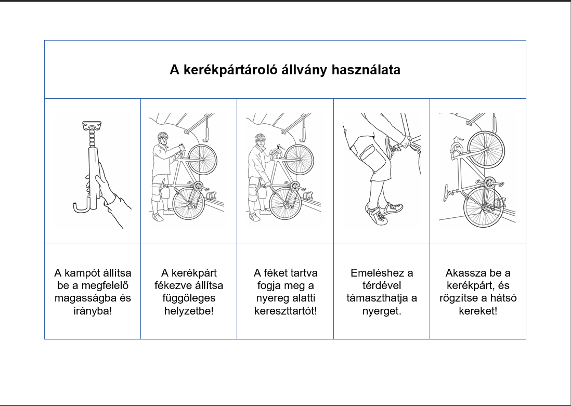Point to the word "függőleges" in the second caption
click(x=188, y=298)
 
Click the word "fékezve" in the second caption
click(x=174, y=285)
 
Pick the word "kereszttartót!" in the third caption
click(x=285, y=311)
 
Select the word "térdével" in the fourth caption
click(x=381, y=285)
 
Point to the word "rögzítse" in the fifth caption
click(x=464, y=298)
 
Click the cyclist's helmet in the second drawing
click(x=163, y=136)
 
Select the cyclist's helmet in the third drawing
click(x=259, y=137)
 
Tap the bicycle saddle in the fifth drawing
click(x=446, y=192)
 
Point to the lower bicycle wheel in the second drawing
click(x=188, y=203)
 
